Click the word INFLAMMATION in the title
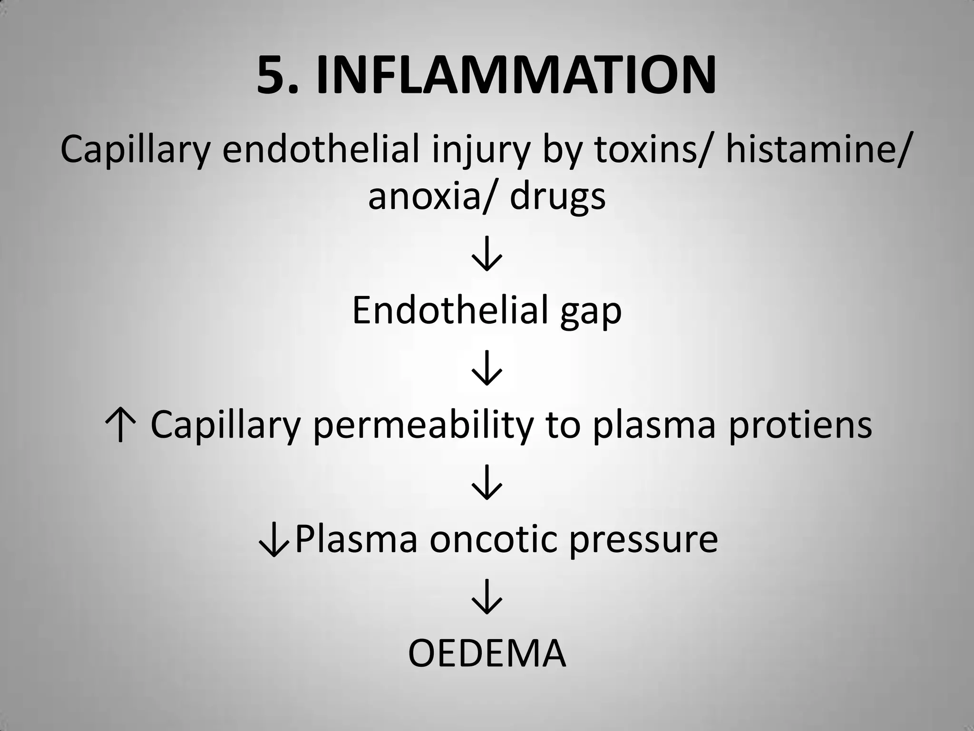click(516, 75)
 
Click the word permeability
click(422, 425)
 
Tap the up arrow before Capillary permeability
click(120, 425)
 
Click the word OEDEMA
click(487, 653)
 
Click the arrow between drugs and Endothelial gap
click(487, 255)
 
